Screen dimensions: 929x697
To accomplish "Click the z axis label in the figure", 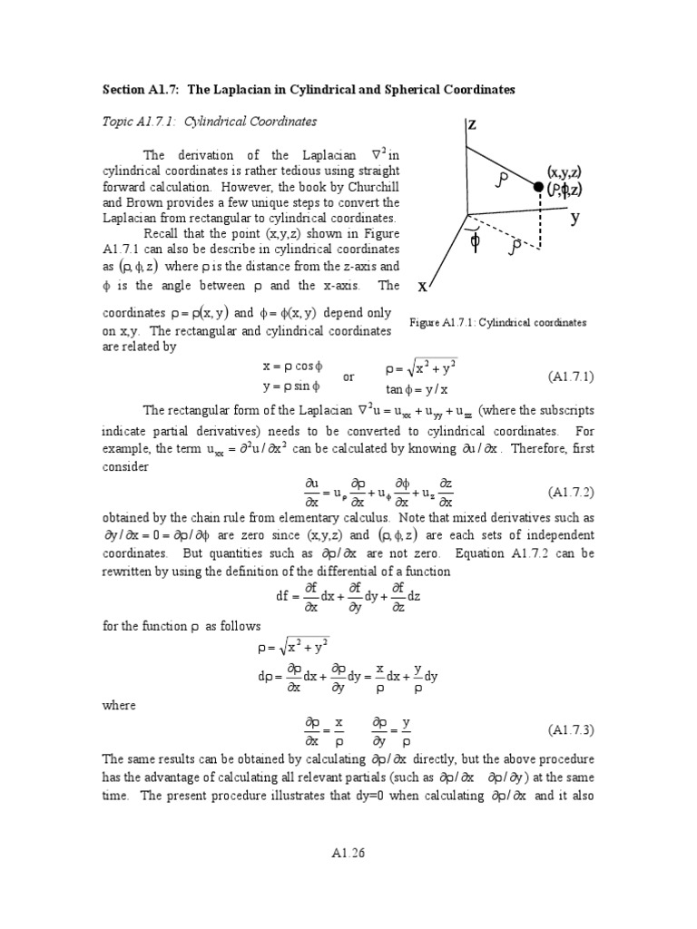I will click(473, 125).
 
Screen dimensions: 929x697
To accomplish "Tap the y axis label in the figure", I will click(575, 218).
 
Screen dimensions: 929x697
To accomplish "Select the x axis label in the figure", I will click(422, 286).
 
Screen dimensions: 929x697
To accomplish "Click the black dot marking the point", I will click(538, 188).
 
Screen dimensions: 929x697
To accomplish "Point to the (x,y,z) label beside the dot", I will click(564, 171).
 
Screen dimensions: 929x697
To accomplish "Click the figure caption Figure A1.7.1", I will click(498, 322).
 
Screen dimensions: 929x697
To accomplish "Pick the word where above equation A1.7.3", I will click(118, 705).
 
